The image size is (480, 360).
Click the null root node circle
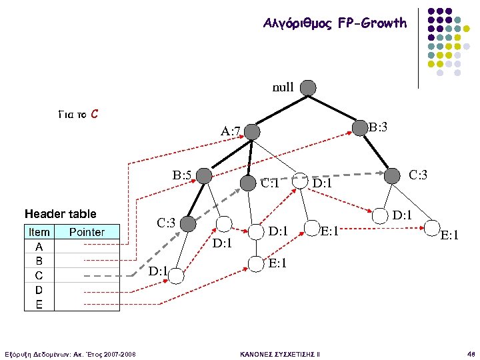point(308,87)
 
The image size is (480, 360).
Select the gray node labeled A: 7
point(251,131)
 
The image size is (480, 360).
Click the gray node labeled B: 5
point(205,176)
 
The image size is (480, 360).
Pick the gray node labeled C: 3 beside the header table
point(189,223)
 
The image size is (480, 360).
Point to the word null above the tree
point(283,87)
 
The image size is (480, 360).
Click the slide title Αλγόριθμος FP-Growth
point(335,23)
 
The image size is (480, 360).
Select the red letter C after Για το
point(95,114)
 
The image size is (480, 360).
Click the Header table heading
point(61,213)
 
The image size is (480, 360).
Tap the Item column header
point(39,232)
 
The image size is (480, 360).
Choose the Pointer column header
point(87,232)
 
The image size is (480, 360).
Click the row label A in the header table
point(39,245)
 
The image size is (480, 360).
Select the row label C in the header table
point(39,275)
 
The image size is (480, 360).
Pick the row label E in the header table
point(39,305)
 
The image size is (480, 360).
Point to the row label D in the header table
point(39,290)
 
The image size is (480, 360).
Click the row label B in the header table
point(39,260)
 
